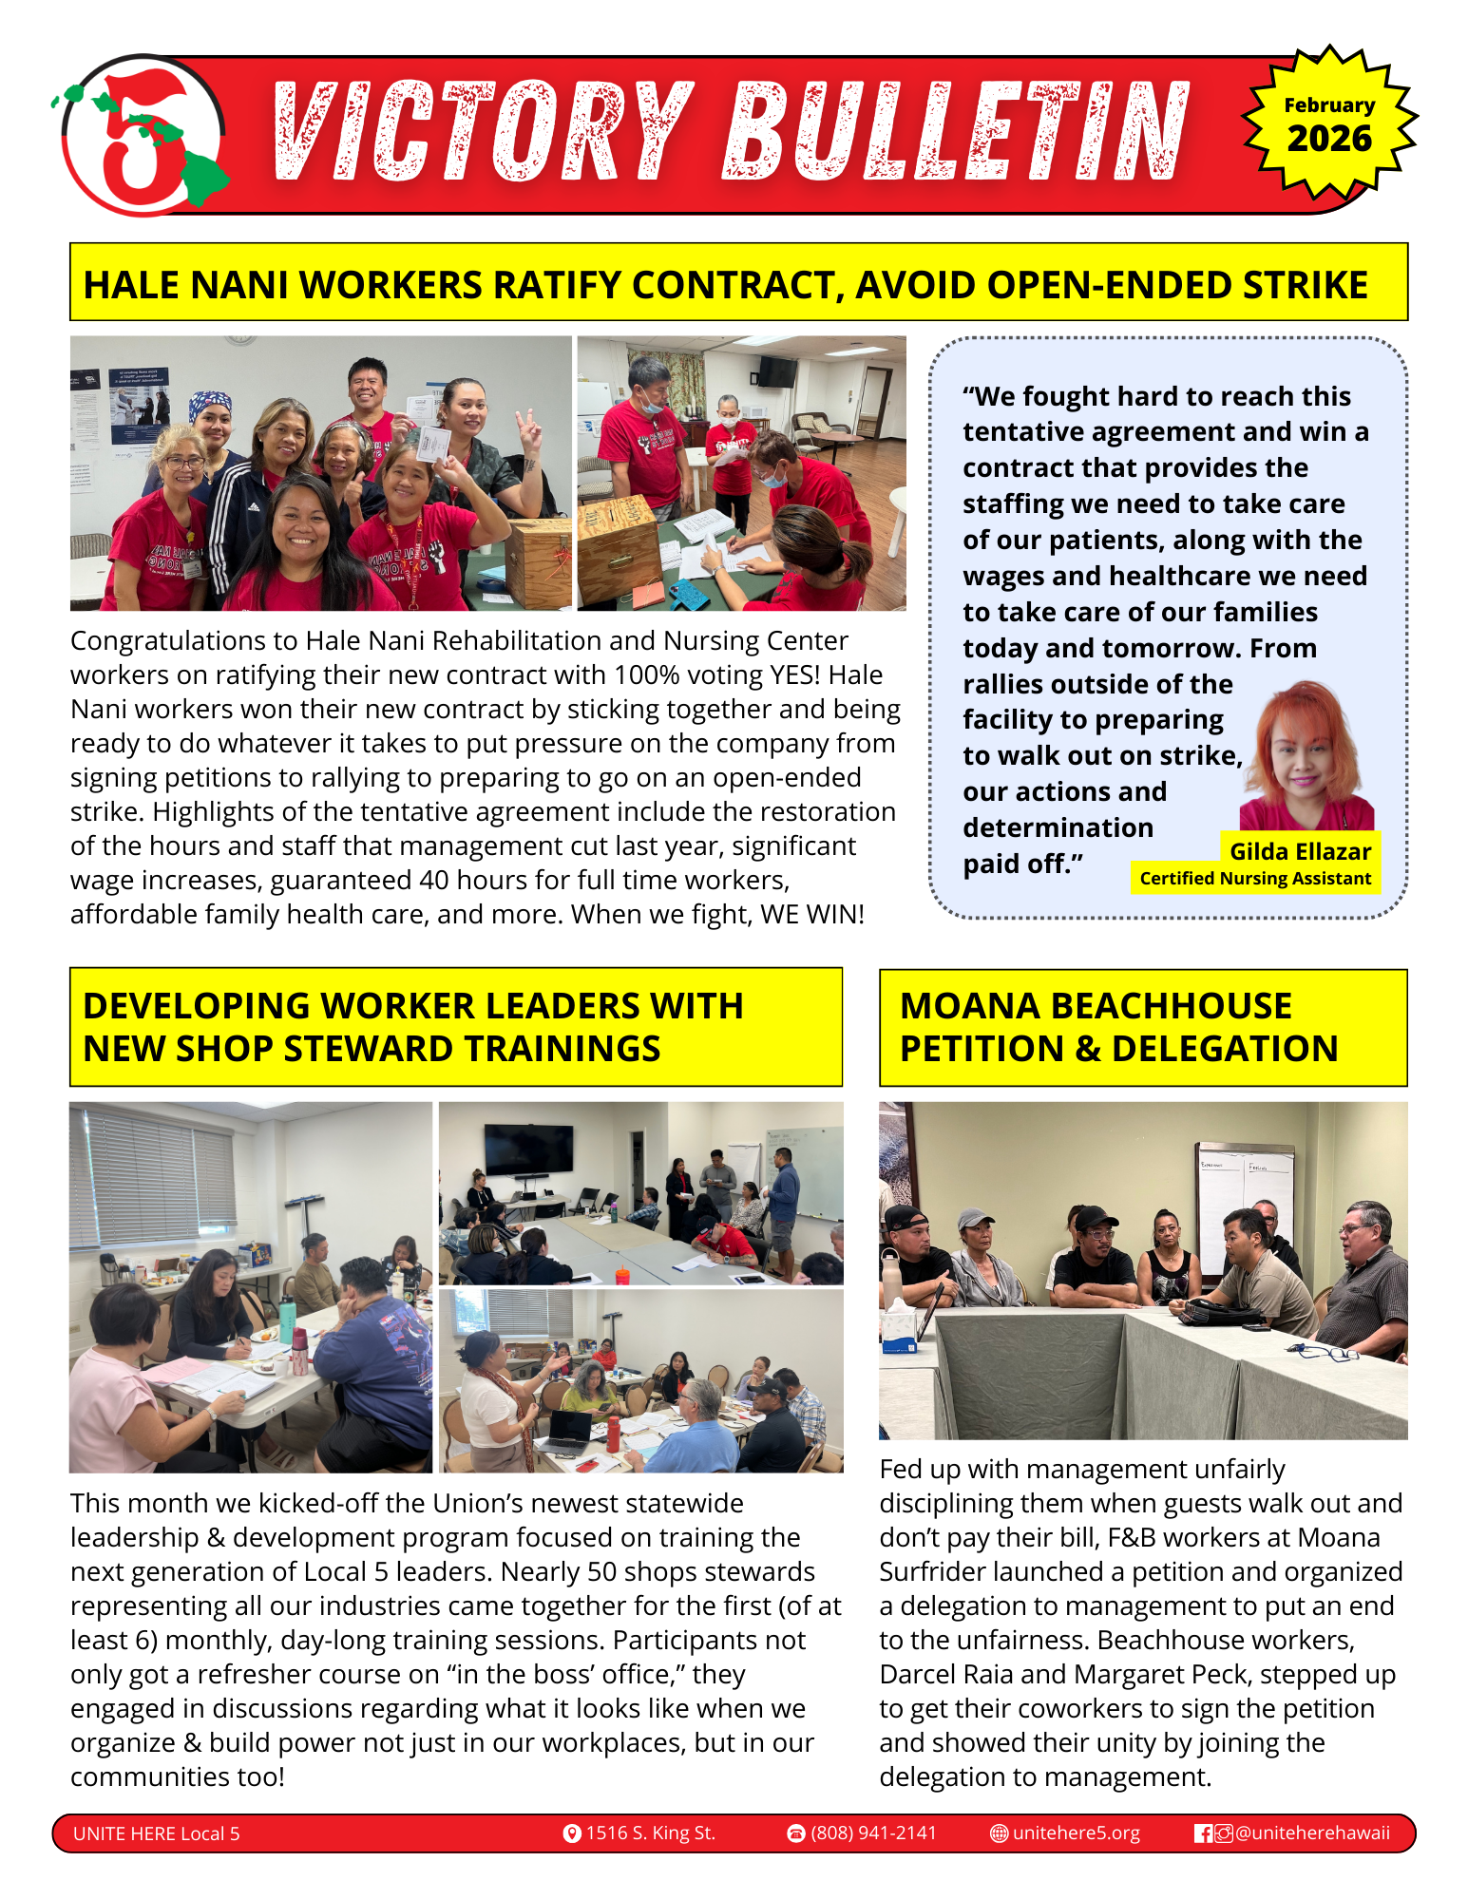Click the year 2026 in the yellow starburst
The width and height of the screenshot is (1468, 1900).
pyautogui.click(x=1329, y=139)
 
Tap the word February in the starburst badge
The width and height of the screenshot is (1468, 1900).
pyautogui.click(x=1329, y=104)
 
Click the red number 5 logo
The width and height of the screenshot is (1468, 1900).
pyautogui.click(x=143, y=136)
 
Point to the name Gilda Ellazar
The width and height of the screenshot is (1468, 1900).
pyautogui.click(x=1300, y=851)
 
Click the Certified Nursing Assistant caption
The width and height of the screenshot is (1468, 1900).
pyautogui.click(x=1255, y=879)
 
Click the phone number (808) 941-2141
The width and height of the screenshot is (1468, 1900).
pyautogui.click(x=873, y=1833)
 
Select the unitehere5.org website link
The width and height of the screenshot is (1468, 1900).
pyautogui.click(x=1076, y=1833)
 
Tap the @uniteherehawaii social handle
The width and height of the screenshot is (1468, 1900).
pyautogui.click(x=1312, y=1833)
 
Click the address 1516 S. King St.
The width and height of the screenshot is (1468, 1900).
pyautogui.click(x=650, y=1833)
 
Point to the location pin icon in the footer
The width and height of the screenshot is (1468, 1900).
pyautogui.click(x=572, y=1833)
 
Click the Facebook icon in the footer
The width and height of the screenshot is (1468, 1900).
pyautogui.click(x=1203, y=1833)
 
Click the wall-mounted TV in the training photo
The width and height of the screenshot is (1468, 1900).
pyautogui.click(x=528, y=1148)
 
